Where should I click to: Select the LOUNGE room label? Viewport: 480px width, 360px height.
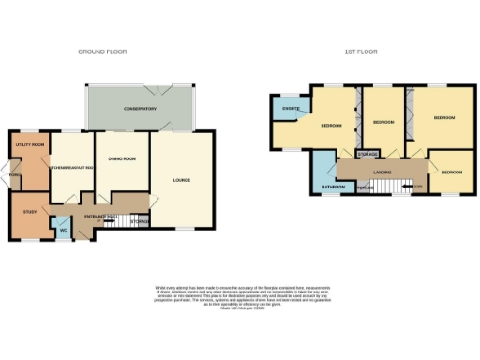click(182, 178)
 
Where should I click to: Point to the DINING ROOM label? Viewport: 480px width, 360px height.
click(123, 158)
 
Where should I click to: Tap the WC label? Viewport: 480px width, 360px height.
click(63, 228)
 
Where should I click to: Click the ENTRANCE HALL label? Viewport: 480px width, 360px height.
click(98, 217)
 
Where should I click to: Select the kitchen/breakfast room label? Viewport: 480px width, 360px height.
click(73, 167)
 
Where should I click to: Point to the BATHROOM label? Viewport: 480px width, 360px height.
click(332, 187)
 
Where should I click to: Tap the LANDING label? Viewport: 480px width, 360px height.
click(382, 172)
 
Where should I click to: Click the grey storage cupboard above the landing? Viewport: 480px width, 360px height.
click(367, 153)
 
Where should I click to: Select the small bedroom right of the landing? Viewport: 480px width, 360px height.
click(452, 172)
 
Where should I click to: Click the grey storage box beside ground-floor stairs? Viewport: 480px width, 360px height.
click(140, 220)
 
